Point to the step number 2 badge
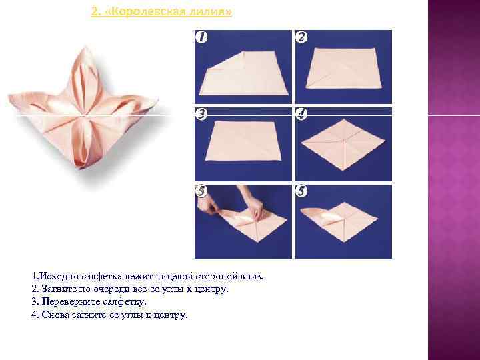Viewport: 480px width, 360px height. pyautogui.click(x=302, y=37)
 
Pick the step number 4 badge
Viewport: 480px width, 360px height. pyautogui.click(x=302, y=114)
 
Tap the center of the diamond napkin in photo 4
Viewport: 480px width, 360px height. pyautogui.click(x=343, y=141)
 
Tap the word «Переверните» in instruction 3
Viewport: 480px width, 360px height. pyautogui.click(x=70, y=302)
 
